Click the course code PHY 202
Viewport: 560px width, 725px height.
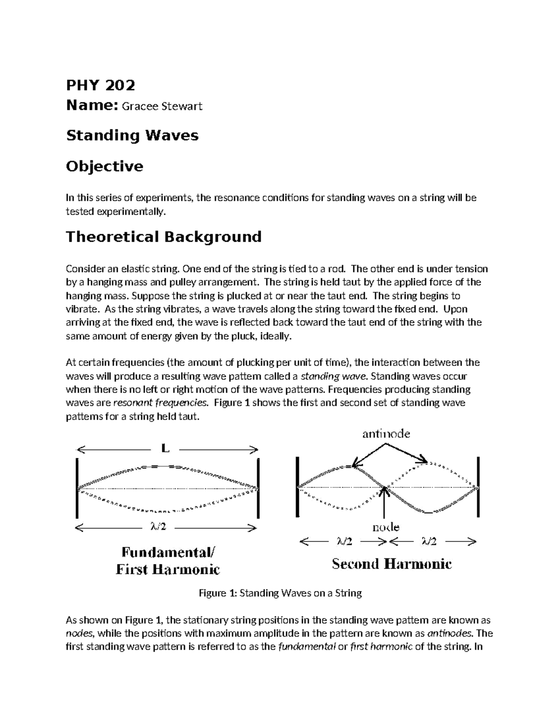(x=100, y=85)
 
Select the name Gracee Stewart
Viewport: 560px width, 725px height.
(x=162, y=106)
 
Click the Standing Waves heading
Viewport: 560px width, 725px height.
(x=132, y=135)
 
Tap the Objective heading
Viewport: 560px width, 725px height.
(x=105, y=166)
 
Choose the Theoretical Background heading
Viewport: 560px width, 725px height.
(x=163, y=237)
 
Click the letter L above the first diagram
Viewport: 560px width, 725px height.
(x=165, y=449)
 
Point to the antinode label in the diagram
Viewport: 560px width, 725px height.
(x=386, y=434)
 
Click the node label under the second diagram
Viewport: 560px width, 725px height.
(x=385, y=528)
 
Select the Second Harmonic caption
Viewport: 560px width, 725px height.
(x=392, y=564)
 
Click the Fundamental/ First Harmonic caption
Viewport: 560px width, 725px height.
(x=168, y=561)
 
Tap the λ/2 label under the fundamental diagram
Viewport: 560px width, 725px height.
(x=158, y=527)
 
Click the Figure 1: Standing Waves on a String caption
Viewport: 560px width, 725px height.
(x=280, y=593)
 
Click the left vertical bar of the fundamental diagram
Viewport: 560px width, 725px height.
(x=77, y=488)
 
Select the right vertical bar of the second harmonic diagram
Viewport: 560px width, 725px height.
(x=478, y=487)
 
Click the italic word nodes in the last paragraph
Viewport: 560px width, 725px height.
(x=79, y=633)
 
